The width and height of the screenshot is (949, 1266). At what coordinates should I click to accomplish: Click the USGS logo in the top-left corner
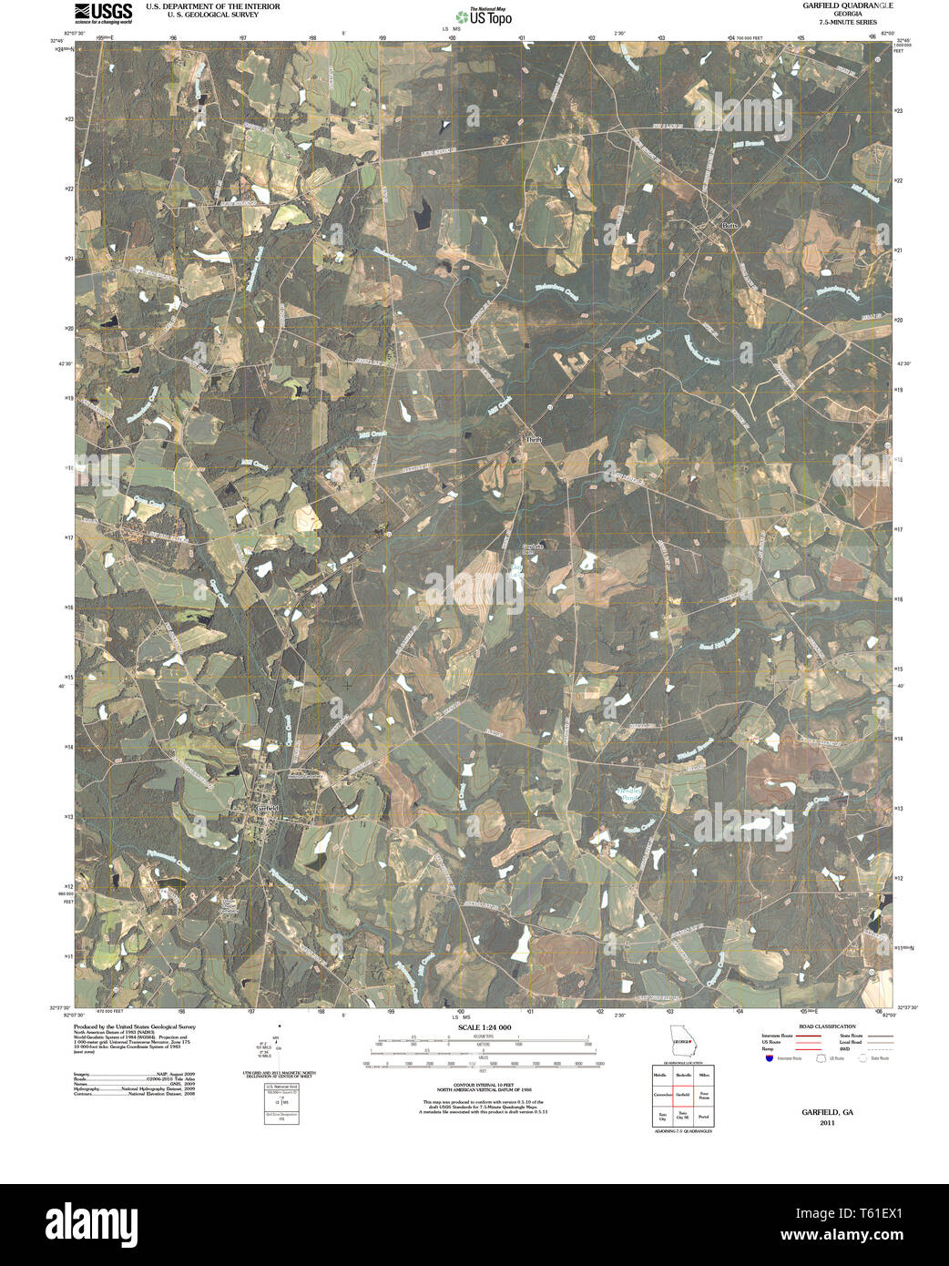103,13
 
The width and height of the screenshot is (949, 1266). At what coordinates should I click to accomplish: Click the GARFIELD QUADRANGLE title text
834,5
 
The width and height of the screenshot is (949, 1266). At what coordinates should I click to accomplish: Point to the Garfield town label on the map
267,808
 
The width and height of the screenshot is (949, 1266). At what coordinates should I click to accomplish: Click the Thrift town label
533,439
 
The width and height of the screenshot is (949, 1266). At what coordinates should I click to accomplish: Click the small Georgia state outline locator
681,1040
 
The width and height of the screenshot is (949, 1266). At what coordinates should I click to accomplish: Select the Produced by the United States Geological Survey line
135,1026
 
